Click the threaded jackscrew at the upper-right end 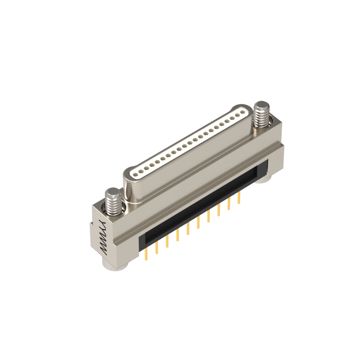point(260,115)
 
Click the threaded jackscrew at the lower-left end point(113,201)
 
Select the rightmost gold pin point(240,198)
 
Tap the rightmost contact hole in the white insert point(242,112)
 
